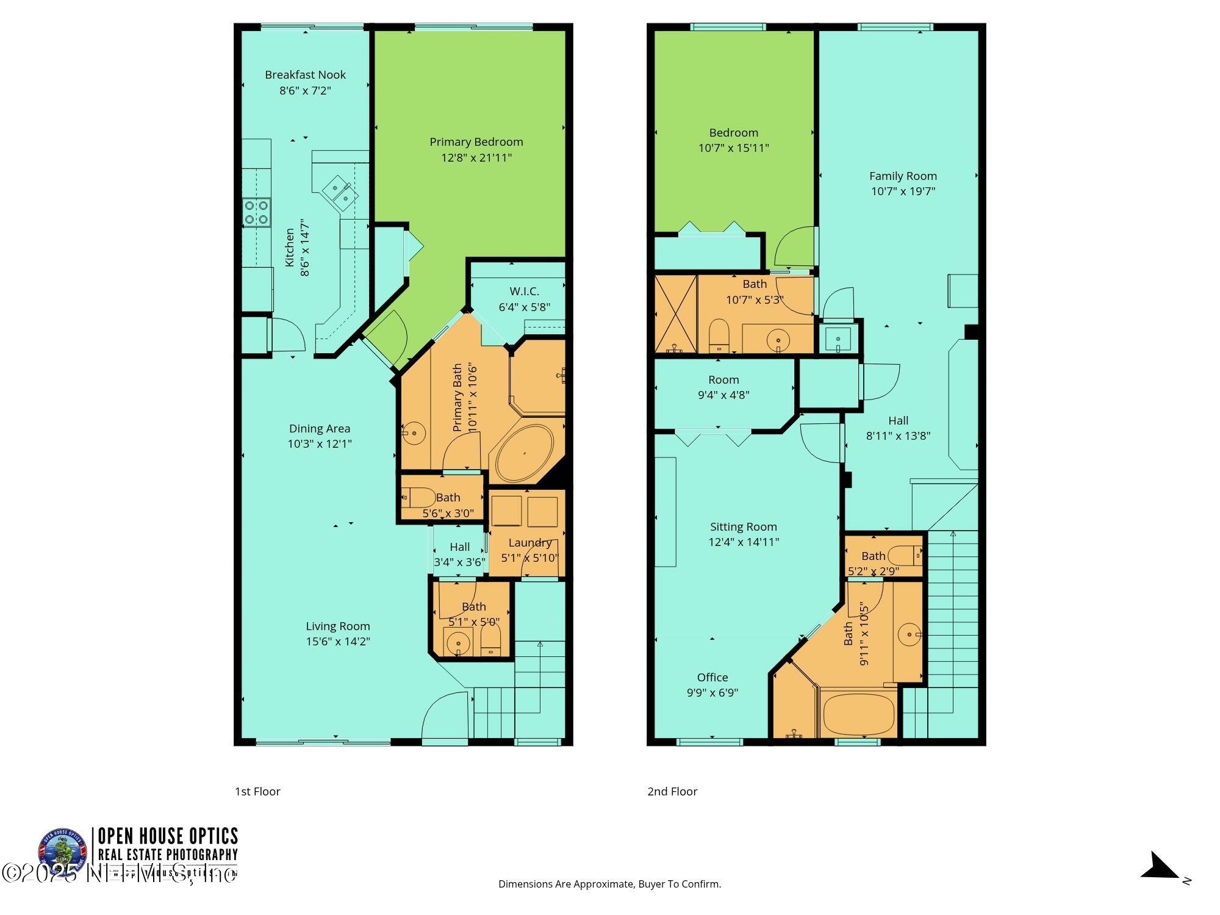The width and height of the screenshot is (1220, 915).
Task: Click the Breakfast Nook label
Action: pyautogui.click(x=305, y=75)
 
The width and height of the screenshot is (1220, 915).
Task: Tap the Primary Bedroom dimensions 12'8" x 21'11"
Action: pyautogui.click(x=476, y=158)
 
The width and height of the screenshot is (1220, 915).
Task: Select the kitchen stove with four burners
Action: pyautogui.click(x=257, y=212)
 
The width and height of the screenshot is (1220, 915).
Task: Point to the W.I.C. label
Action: pyautogui.click(x=524, y=292)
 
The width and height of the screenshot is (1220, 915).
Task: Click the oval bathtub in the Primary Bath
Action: pyautogui.click(x=525, y=453)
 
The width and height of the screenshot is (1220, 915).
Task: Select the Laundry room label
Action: pyautogui.click(x=529, y=542)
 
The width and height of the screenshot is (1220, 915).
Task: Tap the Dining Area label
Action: pyautogui.click(x=320, y=428)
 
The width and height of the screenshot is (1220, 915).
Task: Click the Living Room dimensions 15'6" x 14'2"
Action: pyautogui.click(x=338, y=641)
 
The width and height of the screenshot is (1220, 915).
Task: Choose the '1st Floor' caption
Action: pyautogui.click(x=257, y=791)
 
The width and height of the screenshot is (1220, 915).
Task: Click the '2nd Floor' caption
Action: pyautogui.click(x=672, y=791)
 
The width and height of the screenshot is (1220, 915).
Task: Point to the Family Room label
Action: pyautogui.click(x=903, y=176)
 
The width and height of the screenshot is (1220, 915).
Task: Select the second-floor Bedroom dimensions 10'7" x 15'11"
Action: pyautogui.click(x=733, y=148)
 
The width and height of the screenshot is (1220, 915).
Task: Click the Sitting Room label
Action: pyautogui.click(x=743, y=526)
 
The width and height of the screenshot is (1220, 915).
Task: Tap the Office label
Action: pyautogui.click(x=712, y=677)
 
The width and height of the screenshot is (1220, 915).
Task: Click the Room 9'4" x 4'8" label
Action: pyautogui.click(x=723, y=379)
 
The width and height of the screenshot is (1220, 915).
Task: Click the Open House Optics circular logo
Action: pyautogui.click(x=63, y=851)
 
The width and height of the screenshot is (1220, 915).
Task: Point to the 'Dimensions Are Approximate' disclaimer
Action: pyautogui.click(x=609, y=884)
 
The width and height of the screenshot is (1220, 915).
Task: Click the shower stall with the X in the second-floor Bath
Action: pyautogui.click(x=675, y=314)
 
